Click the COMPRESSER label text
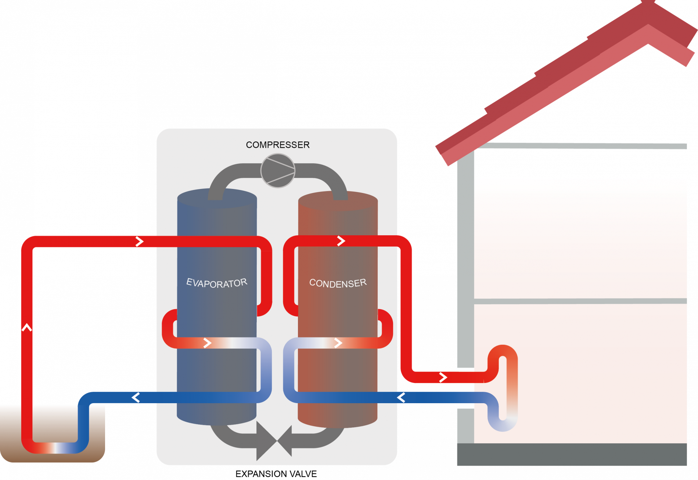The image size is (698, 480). pos(278,145)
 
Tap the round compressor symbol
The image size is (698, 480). pos(278,171)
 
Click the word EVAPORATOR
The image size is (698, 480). pos(217,283)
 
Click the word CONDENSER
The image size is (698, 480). pos(338,283)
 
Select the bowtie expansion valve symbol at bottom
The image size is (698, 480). pos(274,441)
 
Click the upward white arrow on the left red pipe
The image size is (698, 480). pos(27,327)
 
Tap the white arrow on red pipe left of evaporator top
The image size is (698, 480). pos(139,241)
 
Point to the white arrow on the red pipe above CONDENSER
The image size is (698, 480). pos(341,241)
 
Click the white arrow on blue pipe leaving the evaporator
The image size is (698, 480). pos(136,397)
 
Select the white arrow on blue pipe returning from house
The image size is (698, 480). pos(401,397)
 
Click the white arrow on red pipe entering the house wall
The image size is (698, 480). pos(443,377)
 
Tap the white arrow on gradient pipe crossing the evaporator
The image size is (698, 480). pos(208,343)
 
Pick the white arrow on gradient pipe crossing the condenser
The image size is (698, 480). pos(338,343)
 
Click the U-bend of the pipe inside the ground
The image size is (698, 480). pos(55,448)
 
